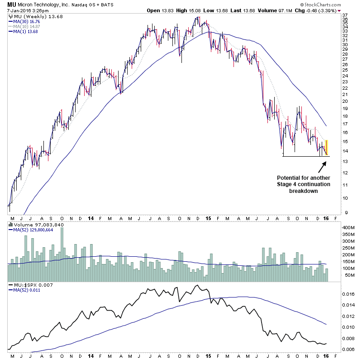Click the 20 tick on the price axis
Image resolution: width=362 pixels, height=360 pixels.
(345, 101)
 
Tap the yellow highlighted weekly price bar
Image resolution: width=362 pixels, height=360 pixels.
(327, 148)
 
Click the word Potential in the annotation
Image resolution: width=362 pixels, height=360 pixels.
(287, 178)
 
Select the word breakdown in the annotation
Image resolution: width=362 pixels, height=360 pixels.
(303, 191)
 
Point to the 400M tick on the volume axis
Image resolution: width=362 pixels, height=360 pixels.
(348, 227)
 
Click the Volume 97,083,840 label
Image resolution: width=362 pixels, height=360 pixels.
(33, 224)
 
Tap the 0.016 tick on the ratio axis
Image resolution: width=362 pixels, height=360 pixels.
(349, 294)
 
